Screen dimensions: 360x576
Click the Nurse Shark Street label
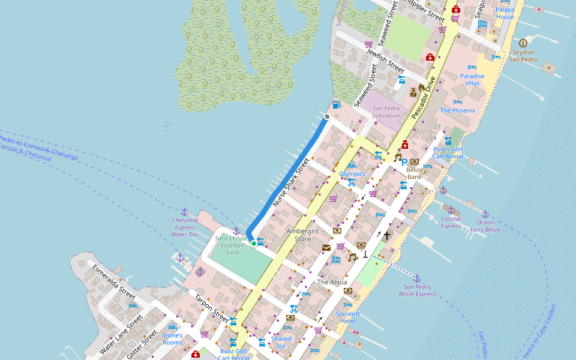290,182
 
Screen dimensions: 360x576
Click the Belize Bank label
415,173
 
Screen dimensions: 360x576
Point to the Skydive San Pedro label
523,56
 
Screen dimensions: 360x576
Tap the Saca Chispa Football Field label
232,245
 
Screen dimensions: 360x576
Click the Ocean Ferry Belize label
485,226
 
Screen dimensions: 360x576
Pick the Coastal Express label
451,222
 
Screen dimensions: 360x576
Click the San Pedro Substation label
386,112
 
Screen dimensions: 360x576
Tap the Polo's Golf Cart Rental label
448,152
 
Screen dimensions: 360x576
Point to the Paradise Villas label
472,80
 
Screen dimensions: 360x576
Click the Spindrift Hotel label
348,317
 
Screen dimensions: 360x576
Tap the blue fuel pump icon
336,104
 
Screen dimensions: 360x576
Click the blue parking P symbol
404,162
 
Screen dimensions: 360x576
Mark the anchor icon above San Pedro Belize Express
416,278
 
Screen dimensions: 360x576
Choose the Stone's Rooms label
172,339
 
